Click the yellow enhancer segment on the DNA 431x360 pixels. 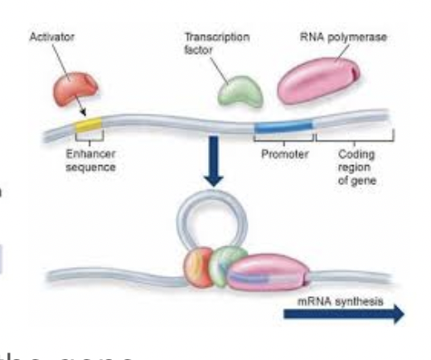86,125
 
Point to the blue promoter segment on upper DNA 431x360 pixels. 284,126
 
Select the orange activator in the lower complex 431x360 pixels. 199,265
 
